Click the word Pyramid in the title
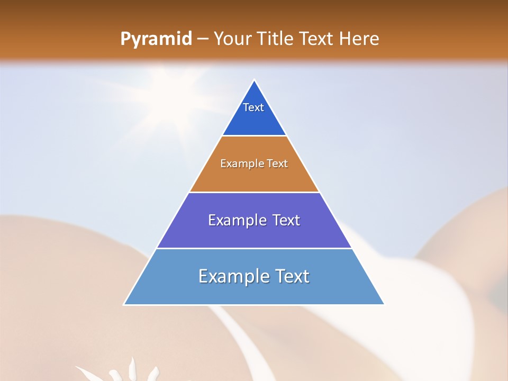156,39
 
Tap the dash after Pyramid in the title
202,39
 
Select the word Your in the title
231,39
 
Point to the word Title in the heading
275,39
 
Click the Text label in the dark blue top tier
253,107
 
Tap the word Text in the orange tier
277,164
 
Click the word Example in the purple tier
236,220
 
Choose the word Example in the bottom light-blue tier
231,276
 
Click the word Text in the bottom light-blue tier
291,276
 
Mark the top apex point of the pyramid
254,80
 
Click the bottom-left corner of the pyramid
124,304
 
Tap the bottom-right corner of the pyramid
384,304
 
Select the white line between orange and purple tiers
254,192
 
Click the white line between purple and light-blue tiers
254,248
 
